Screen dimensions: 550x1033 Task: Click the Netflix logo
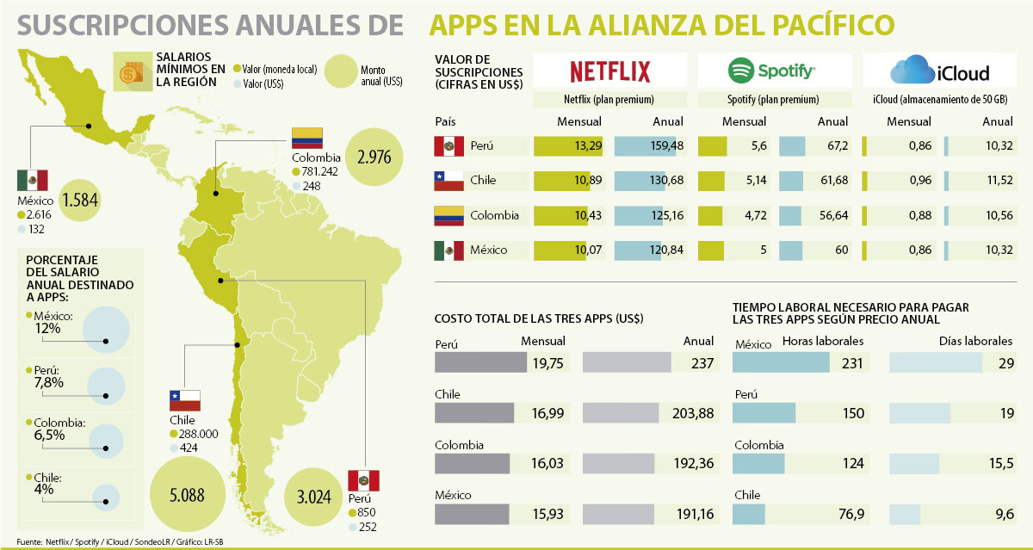tap(610, 71)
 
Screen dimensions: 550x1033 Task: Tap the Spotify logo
tap(771, 71)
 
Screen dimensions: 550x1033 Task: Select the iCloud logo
tap(940, 71)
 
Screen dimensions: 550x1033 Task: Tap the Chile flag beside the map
tap(185, 400)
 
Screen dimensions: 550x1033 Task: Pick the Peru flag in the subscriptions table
tap(449, 146)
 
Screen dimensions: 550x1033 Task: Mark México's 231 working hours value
tap(851, 363)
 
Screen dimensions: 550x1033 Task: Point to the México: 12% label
tap(54, 322)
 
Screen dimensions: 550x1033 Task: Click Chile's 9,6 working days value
tap(1001, 516)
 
